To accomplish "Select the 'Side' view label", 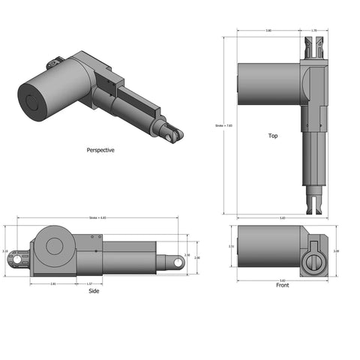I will click(94, 291).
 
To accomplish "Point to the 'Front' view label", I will click(282, 286).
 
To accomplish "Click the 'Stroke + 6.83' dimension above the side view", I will click(98, 218).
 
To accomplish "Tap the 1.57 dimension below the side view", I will click(90, 284).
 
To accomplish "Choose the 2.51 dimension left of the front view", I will click(232, 246).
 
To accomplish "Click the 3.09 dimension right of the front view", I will click(336, 251).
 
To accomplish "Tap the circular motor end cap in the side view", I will click(55, 245).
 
